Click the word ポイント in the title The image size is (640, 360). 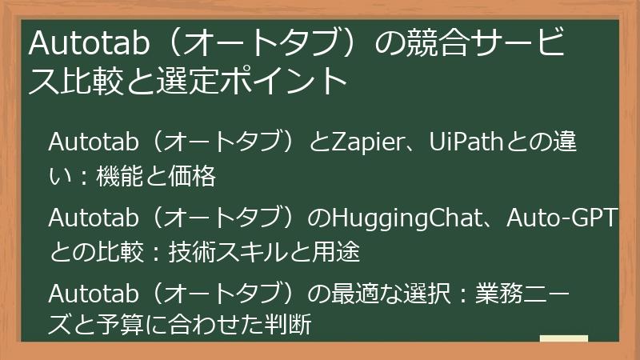(x=289, y=81)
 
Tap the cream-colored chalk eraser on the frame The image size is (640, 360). (x=563, y=339)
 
